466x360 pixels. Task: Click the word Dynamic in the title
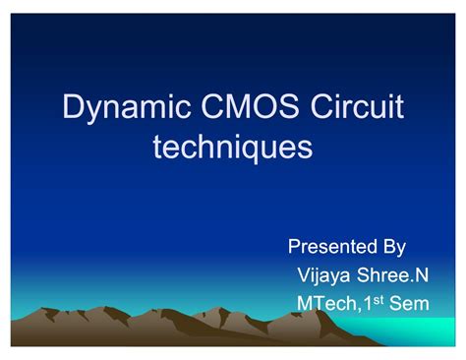tap(127, 108)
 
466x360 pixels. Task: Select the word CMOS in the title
tap(250, 106)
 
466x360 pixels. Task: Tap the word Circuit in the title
tap(357, 106)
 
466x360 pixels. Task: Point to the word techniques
tap(233, 148)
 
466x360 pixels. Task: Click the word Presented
tap(332, 246)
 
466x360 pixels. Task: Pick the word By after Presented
tap(394, 248)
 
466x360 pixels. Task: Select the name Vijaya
tap(323, 276)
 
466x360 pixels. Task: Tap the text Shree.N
tap(392, 274)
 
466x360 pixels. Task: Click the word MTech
tap(326, 303)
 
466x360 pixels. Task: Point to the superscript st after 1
tap(379, 300)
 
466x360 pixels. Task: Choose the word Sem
tap(409, 303)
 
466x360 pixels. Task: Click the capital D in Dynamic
tap(74, 106)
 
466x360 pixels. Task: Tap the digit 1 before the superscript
tap(368, 303)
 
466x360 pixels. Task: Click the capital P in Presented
tap(295, 246)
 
